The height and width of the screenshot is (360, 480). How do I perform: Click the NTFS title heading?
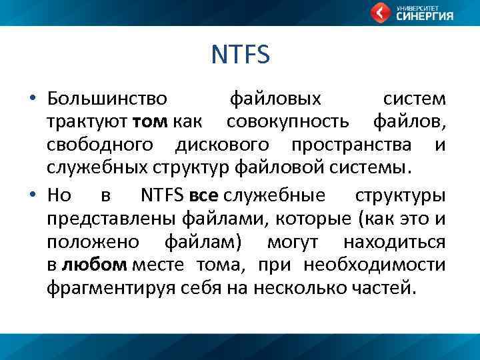tap(240, 55)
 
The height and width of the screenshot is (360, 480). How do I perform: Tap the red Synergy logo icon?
tap(381, 13)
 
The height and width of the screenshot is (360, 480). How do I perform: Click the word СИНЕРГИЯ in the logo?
tap(425, 17)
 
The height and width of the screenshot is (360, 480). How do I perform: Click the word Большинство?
tap(107, 99)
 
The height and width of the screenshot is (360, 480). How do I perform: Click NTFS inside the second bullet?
tap(164, 195)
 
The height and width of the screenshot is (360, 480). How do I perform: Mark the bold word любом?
tap(94, 265)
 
